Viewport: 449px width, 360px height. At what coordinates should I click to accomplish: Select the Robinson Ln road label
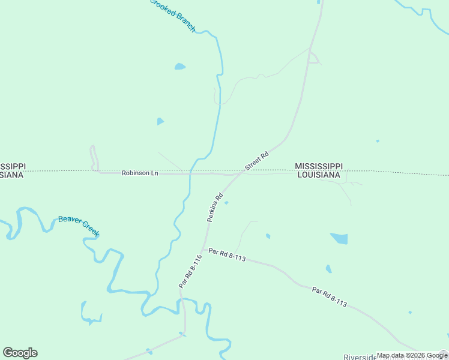[x=140, y=173]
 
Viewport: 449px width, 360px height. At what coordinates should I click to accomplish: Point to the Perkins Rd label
[x=215, y=208]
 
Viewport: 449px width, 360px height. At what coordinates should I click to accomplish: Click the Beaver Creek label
[x=79, y=225]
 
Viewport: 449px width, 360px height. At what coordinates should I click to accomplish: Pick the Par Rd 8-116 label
[x=188, y=271]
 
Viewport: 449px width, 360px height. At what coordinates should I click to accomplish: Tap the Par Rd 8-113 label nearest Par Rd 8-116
[x=227, y=258]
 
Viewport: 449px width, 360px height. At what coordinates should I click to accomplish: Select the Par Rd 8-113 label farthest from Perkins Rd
[x=330, y=297]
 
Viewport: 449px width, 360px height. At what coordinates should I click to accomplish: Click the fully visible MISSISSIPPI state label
[x=318, y=166]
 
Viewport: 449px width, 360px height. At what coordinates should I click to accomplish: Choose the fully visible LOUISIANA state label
[x=319, y=175]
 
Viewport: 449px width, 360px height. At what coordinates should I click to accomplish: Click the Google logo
[x=20, y=353]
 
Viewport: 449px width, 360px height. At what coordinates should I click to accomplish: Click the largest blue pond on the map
[x=339, y=238]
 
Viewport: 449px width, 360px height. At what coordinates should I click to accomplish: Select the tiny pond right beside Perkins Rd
[x=226, y=203]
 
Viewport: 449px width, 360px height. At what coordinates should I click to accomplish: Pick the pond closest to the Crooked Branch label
[x=179, y=67]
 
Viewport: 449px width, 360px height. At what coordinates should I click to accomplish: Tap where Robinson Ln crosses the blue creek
[x=190, y=173]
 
